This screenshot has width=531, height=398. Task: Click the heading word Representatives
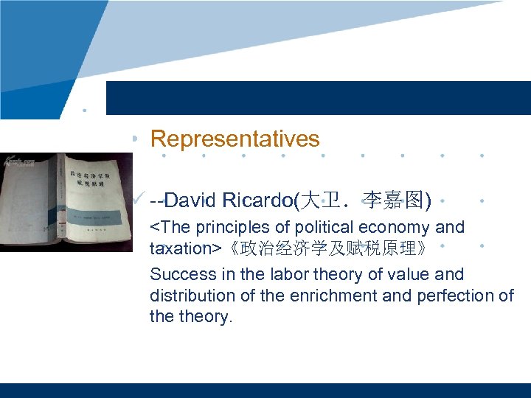coord(235,139)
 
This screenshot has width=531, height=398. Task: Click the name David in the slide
coord(192,200)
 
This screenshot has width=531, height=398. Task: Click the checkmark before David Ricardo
coord(137,198)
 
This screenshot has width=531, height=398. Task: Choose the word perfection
coord(453,296)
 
